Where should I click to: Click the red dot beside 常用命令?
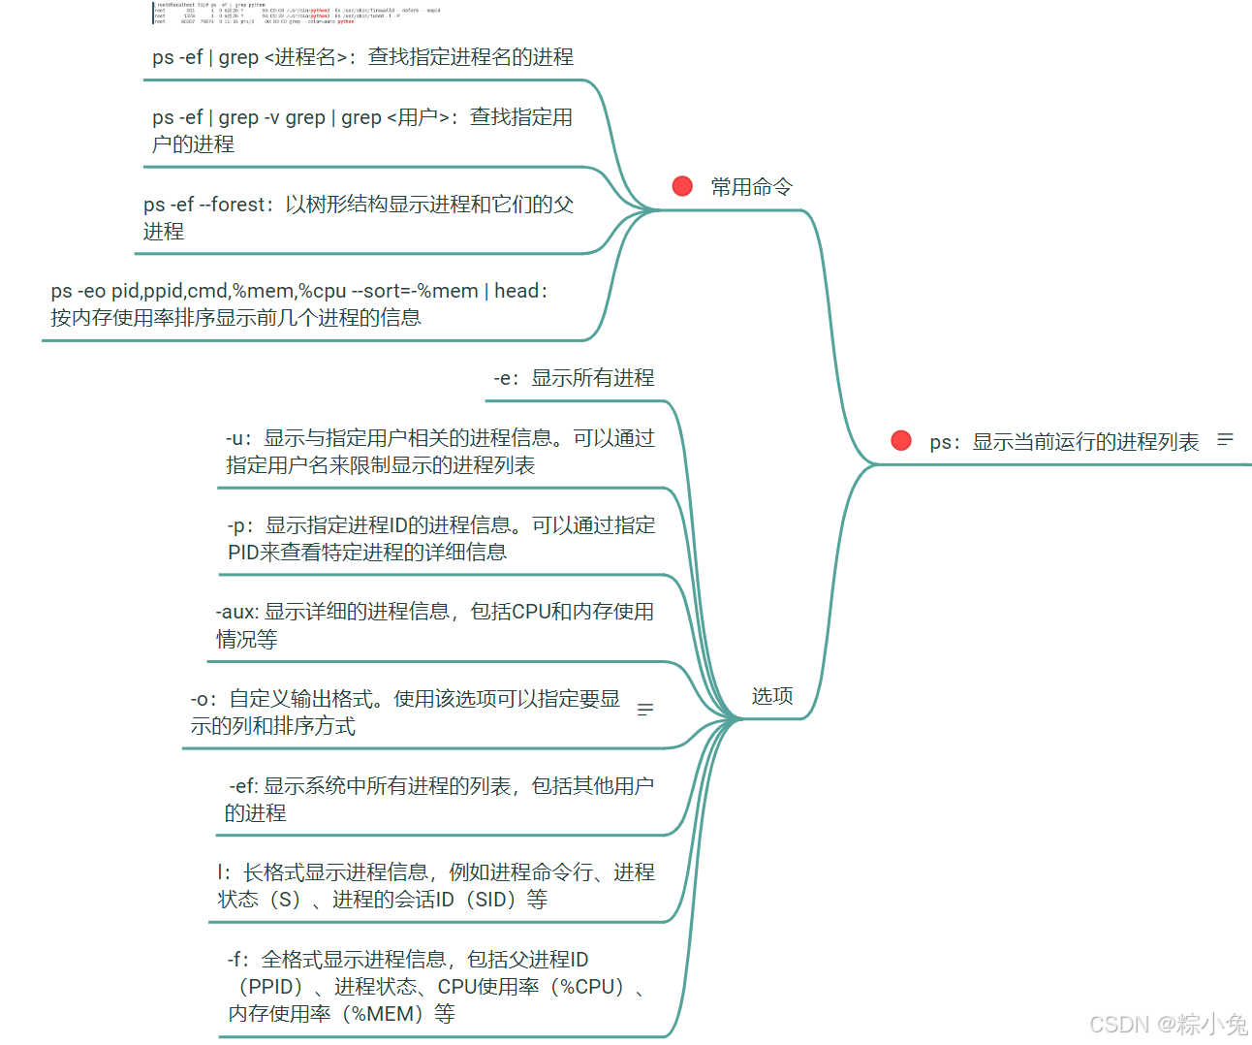pos(682,186)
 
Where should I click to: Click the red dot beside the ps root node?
pos(901,441)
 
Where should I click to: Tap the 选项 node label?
pos(772,696)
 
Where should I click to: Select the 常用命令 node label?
pos(751,187)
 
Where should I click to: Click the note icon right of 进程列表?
pos(1226,440)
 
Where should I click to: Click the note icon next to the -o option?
pos(645,711)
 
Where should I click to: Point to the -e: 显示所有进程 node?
pos(574,378)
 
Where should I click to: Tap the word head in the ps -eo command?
pos(516,291)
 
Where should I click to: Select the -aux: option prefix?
pos(236,612)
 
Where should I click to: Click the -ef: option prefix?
pos(243,786)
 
